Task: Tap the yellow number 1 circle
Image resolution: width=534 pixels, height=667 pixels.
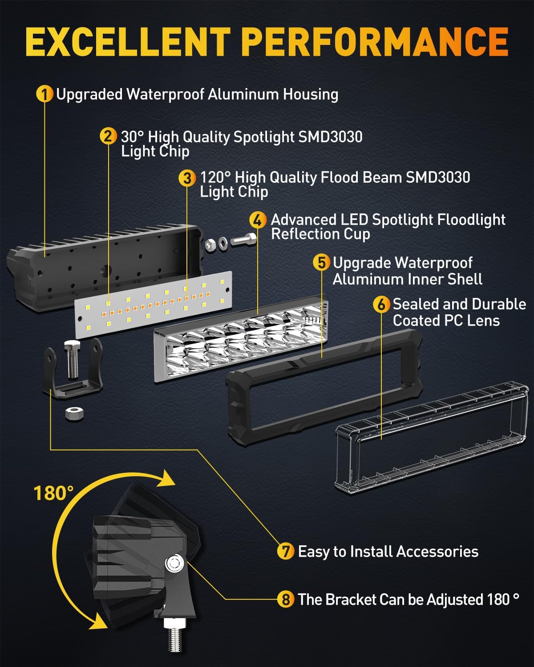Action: pos(44,94)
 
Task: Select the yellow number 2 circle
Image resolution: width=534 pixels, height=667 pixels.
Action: pos(108,136)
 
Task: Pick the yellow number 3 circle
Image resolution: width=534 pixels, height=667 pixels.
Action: pos(187,178)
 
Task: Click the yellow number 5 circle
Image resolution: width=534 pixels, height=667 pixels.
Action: pos(321,263)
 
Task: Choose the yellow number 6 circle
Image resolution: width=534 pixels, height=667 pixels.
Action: pos(381,305)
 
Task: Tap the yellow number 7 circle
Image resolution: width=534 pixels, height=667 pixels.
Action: pos(285,551)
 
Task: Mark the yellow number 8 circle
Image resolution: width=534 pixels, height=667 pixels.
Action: pos(285,599)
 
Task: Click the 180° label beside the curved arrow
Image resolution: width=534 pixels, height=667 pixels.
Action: pos(53,493)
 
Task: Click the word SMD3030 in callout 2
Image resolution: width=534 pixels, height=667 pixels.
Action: pos(330,137)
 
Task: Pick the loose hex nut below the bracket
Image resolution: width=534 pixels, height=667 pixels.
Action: pos(74,414)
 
